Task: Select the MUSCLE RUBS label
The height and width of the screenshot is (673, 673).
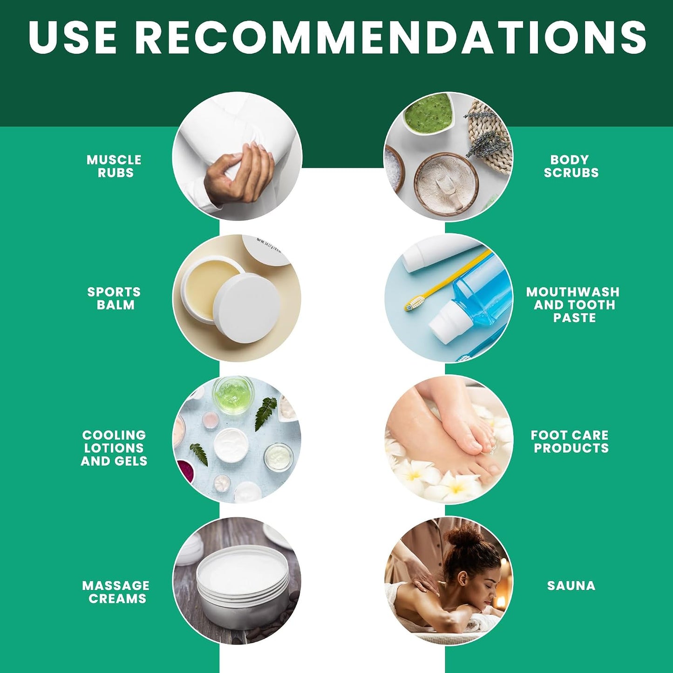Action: tap(114, 166)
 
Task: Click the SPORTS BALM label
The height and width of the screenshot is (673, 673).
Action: tap(114, 298)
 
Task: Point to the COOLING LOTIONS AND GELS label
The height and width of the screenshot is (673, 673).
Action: tap(114, 448)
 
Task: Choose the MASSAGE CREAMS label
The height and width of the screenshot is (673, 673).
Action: tap(116, 592)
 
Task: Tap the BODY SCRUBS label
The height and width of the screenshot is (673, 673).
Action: tap(571, 166)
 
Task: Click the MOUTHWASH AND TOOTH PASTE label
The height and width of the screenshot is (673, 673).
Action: tap(573, 305)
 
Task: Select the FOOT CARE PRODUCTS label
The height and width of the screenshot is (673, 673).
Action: tap(570, 442)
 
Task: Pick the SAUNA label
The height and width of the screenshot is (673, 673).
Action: tap(571, 586)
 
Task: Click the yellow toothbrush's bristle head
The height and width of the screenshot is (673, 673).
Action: tap(415, 303)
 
